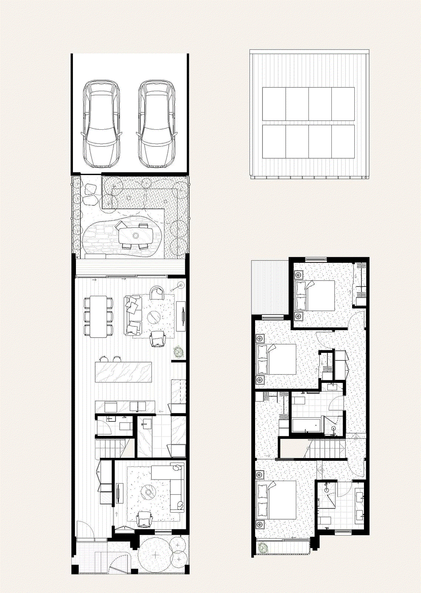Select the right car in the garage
point(157,123)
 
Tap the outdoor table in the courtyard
point(136,235)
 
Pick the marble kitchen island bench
point(123,372)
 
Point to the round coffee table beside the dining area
point(154,317)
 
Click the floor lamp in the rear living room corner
point(180,285)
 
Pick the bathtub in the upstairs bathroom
point(306,425)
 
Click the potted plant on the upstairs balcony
point(263,547)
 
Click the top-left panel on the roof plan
point(274,104)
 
